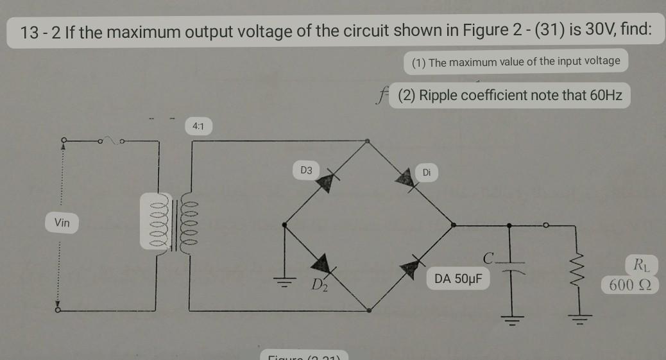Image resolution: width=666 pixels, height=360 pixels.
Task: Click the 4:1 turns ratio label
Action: click(x=198, y=126)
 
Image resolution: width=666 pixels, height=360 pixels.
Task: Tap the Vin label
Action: click(x=62, y=223)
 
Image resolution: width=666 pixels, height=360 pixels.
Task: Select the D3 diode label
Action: click(x=306, y=170)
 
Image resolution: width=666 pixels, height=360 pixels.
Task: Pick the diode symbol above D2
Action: click(x=322, y=264)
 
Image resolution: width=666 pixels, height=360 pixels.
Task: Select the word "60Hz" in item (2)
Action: click(x=606, y=96)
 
